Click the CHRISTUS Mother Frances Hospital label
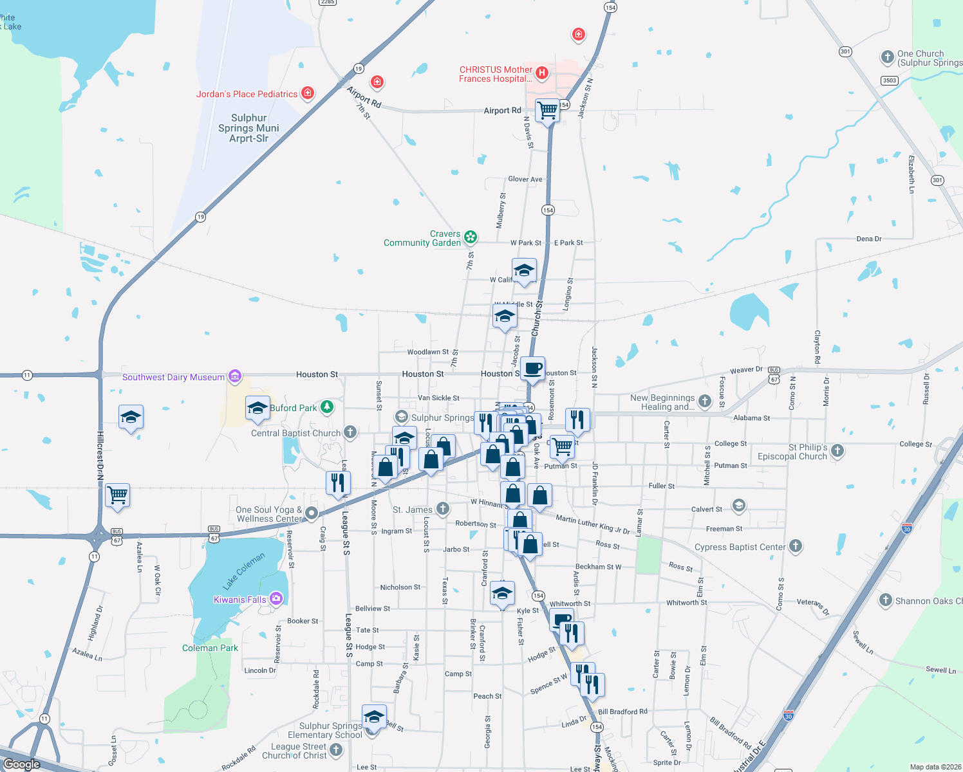(x=496, y=74)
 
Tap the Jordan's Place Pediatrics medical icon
(x=308, y=94)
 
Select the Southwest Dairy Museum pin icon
(x=234, y=376)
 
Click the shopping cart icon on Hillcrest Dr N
(x=118, y=495)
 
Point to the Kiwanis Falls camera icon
(x=276, y=599)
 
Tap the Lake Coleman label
(x=244, y=571)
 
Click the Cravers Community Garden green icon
(x=471, y=237)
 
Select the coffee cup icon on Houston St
(x=532, y=369)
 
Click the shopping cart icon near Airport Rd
(x=547, y=111)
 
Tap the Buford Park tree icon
(x=327, y=407)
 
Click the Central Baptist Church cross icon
(x=350, y=432)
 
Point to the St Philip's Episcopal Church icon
(x=837, y=450)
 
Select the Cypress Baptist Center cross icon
(x=796, y=546)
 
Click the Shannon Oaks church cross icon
(x=886, y=600)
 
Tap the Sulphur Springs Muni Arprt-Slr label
(x=248, y=128)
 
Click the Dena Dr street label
(x=869, y=239)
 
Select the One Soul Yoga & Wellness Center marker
(x=312, y=513)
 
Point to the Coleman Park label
(x=210, y=648)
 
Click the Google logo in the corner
(x=21, y=764)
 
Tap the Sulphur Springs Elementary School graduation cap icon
(x=374, y=716)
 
